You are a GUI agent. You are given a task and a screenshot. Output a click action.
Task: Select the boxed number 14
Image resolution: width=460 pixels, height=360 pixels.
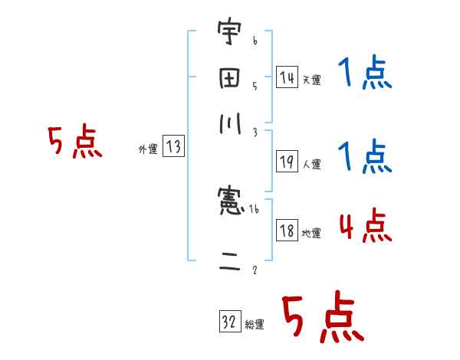287,77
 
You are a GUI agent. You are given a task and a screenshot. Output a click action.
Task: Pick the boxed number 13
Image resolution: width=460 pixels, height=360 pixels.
173,148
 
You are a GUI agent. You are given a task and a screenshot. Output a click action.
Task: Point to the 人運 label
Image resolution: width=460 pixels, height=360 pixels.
311,164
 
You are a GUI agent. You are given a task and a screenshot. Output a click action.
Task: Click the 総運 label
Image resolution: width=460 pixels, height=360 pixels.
254,324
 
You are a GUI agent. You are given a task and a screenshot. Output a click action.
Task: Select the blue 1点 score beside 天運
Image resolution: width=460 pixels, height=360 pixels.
365,75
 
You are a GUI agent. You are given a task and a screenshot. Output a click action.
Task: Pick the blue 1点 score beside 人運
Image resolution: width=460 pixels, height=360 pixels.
365,157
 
